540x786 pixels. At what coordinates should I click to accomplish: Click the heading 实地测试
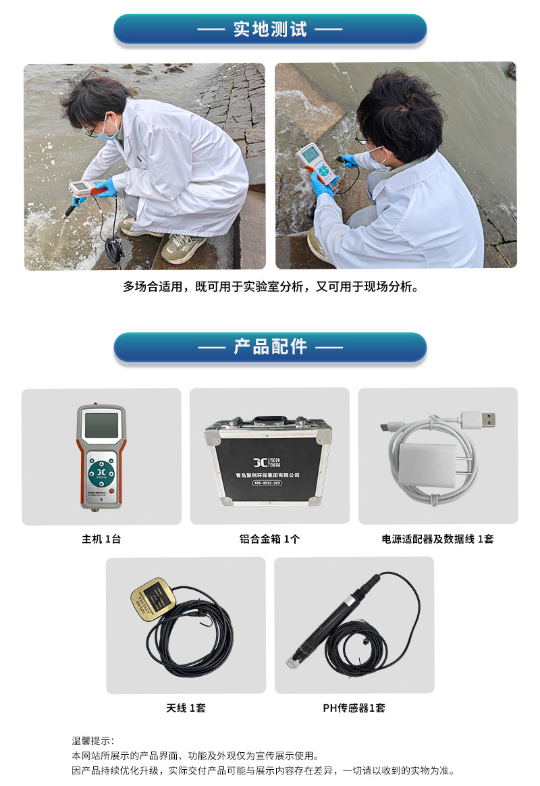[x=270, y=30]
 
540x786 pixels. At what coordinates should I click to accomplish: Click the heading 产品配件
[x=270, y=347]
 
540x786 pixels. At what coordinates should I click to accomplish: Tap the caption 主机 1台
[x=101, y=539]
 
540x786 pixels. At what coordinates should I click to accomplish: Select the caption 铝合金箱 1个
[x=269, y=539]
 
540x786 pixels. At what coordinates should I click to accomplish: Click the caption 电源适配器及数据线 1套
[x=437, y=539]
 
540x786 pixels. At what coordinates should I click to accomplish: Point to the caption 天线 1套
[x=186, y=708]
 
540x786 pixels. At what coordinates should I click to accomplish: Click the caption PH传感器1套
[x=354, y=708]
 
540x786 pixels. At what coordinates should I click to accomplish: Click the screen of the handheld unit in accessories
[x=101, y=426]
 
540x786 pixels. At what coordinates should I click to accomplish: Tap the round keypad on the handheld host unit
[x=101, y=470]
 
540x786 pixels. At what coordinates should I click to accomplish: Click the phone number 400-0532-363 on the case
[x=268, y=483]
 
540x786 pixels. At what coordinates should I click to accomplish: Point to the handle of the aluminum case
[x=269, y=422]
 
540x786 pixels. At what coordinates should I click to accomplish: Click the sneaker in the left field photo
[x=182, y=248]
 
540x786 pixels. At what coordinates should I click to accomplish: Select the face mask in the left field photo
[x=110, y=132]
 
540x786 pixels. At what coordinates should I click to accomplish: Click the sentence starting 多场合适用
[x=270, y=286]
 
